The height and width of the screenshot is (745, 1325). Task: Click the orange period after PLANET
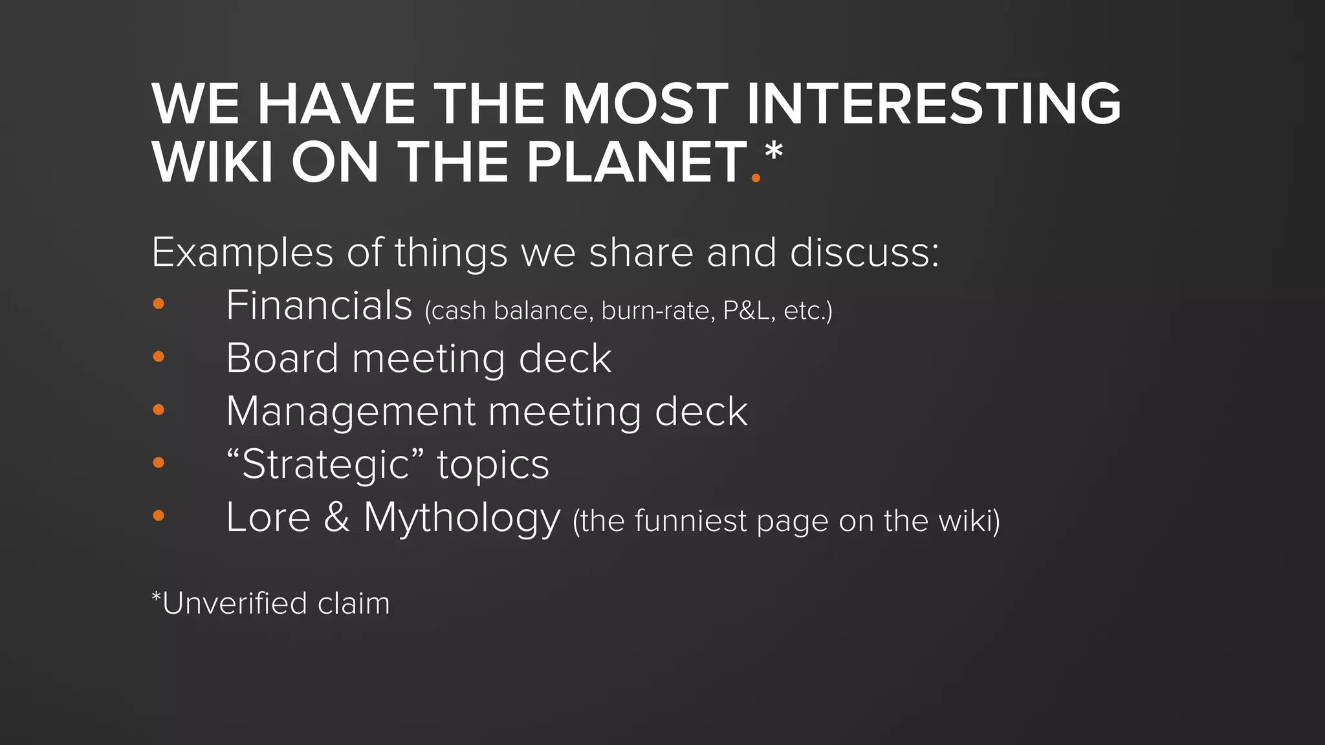pyautogui.click(x=756, y=177)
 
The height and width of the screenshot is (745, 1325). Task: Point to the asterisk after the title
pyautogui.click(x=773, y=153)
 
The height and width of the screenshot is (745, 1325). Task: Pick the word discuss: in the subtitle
pyautogui.click(x=864, y=252)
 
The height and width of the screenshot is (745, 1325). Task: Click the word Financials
pyautogui.click(x=319, y=305)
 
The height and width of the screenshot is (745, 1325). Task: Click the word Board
pyautogui.click(x=282, y=358)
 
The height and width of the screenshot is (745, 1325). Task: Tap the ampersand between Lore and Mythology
pyautogui.click(x=336, y=517)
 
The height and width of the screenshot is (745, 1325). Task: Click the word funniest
pyautogui.click(x=690, y=521)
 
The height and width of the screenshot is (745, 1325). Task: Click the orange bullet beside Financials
pyautogui.click(x=159, y=304)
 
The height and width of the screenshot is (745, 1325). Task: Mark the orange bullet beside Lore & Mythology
pyautogui.click(x=159, y=516)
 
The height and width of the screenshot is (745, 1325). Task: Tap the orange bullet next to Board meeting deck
pyautogui.click(x=159, y=357)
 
